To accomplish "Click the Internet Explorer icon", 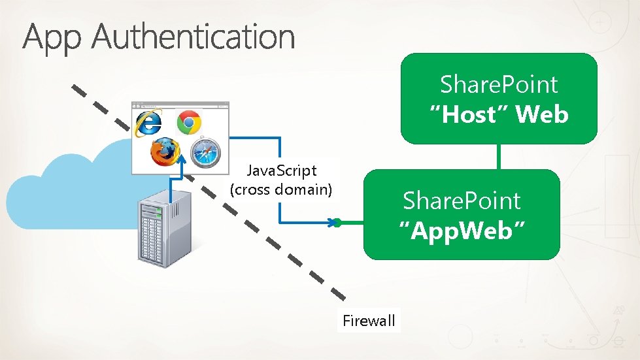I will (x=148, y=124).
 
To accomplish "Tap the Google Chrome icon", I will (x=189, y=122).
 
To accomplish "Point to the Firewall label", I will (x=369, y=320).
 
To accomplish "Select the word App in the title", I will (x=54, y=37).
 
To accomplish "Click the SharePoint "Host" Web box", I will (x=499, y=99).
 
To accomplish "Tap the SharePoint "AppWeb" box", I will (x=462, y=214).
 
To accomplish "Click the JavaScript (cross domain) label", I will (x=281, y=180).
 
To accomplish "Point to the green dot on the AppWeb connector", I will (x=337, y=223).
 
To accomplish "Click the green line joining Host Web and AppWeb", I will (x=499, y=156).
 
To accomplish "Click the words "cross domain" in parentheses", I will (x=281, y=189).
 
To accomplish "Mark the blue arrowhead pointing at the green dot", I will (x=330, y=223).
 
